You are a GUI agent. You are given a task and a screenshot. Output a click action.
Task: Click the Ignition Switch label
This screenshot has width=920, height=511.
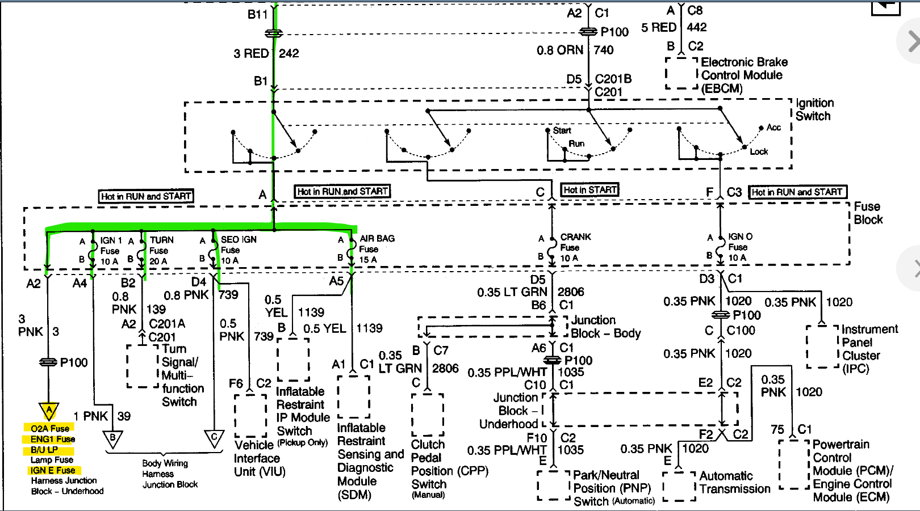tap(814, 109)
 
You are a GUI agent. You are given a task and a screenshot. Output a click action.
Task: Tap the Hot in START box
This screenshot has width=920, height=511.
tap(589, 190)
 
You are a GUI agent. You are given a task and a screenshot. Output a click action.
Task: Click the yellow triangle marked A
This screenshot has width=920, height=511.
tap(49, 411)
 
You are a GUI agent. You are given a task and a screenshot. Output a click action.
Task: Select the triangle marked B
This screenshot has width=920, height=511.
tap(112, 438)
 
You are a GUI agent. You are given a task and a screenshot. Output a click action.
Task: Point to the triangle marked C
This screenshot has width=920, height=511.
tap(214, 438)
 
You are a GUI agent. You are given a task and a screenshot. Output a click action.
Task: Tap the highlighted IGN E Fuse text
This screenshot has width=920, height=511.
tap(53, 470)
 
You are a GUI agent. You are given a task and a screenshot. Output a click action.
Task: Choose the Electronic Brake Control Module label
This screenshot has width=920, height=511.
tap(743, 75)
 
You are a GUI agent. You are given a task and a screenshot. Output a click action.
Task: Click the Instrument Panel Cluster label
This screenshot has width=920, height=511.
tap(868, 349)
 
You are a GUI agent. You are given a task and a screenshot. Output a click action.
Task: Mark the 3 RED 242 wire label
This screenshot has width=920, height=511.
tap(266, 53)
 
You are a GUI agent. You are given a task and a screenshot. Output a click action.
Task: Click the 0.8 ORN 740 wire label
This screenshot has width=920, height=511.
tap(575, 50)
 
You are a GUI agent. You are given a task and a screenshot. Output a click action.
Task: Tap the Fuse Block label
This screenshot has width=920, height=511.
tap(868, 213)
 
